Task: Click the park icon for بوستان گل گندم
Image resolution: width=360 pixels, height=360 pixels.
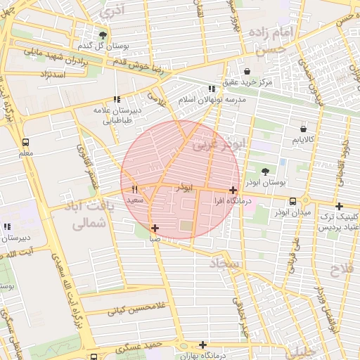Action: click(x=103, y=34)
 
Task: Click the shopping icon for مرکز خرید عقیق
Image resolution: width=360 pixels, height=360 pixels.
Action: click(x=247, y=71)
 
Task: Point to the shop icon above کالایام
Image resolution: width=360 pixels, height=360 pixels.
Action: click(x=303, y=129)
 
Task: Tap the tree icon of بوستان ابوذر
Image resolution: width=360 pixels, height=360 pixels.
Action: click(x=265, y=171)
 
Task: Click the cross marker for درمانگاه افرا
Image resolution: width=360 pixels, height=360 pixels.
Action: click(x=233, y=190)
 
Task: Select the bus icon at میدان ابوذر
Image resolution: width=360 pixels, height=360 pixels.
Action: click(x=292, y=202)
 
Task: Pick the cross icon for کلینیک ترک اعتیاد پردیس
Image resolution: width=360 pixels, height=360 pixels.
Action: click(x=340, y=206)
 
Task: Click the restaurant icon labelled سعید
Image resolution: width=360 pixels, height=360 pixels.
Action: click(x=134, y=190)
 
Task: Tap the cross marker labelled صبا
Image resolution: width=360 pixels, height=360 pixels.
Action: click(x=155, y=228)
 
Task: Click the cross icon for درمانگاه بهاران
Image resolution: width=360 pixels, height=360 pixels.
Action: click(x=203, y=345)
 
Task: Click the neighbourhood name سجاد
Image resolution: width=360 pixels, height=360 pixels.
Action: click(x=224, y=264)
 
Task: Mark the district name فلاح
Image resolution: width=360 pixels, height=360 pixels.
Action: click(x=344, y=271)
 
